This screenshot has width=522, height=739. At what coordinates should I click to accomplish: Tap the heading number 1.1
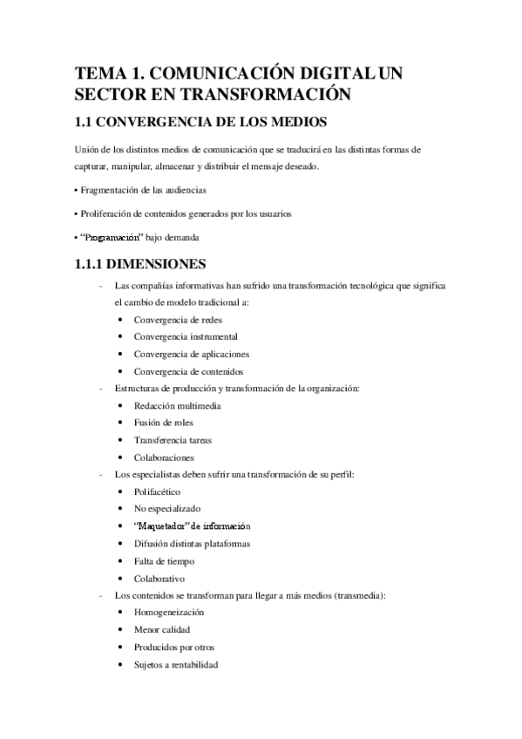pyautogui.click(x=86, y=121)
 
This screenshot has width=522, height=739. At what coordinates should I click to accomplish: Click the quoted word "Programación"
pyautogui.click(x=111, y=237)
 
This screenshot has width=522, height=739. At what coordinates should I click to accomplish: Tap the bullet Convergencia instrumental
pyautogui.click(x=186, y=336)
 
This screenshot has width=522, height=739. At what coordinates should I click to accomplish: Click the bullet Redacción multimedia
pyautogui.click(x=177, y=405)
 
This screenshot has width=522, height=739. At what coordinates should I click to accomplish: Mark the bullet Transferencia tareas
pyautogui.click(x=173, y=440)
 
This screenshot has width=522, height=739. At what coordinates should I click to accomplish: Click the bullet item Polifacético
pyautogui.click(x=157, y=492)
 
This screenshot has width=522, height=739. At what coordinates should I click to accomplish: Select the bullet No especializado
pyautogui.click(x=167, y=509)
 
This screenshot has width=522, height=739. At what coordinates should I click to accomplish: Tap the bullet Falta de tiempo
pyautogui.click(x=164, y=561)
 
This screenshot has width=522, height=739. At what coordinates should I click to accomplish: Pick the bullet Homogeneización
pyautogui.click(x=168, y=613)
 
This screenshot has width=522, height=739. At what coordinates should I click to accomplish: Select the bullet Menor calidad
pyautogui.click(x=162, y=630)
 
